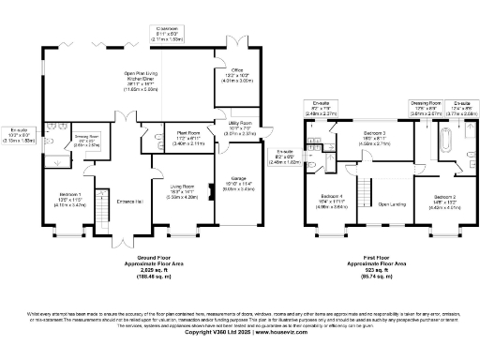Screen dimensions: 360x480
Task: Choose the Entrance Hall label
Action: click(x=129, y=201)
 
